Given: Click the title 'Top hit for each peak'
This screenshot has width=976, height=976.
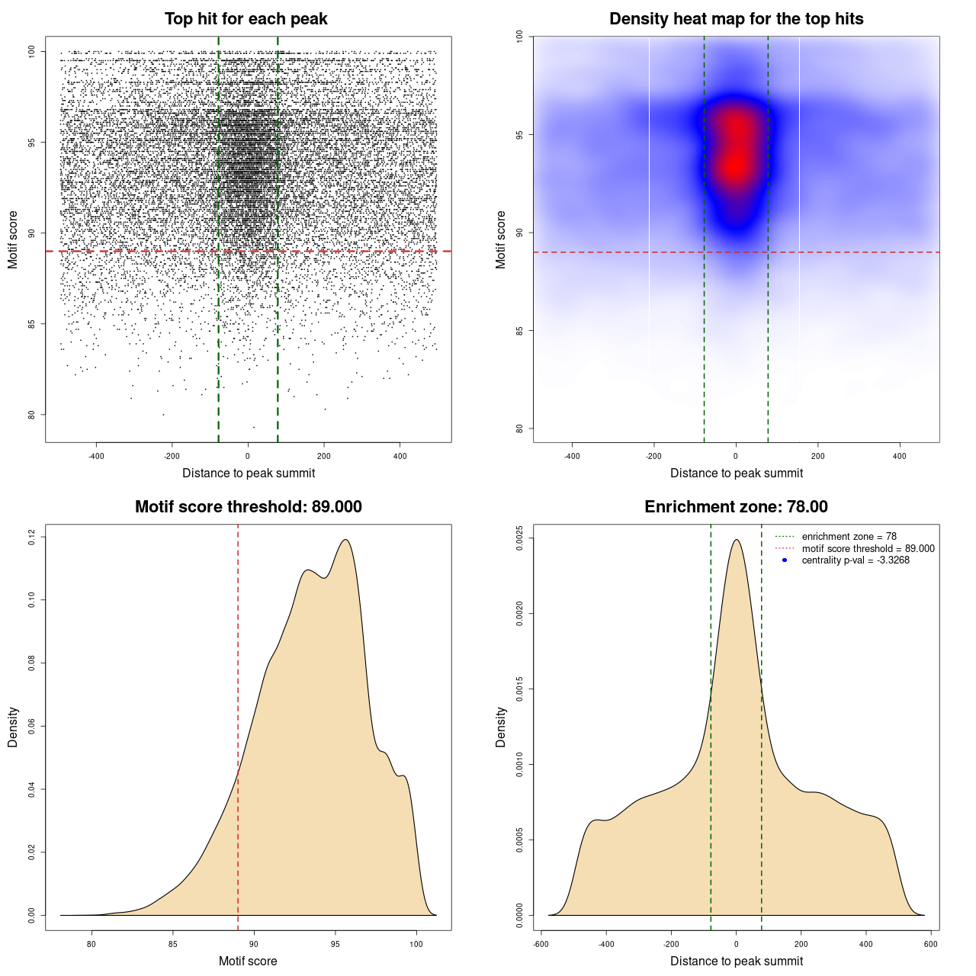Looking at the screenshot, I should [x=246, y=19].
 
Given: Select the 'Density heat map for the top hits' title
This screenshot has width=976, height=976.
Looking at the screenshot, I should [x=736, y=19].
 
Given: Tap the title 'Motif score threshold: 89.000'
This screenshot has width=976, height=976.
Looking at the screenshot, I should [x=248, y=507].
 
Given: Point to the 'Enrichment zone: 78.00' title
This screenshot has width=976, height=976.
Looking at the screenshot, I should [x=736, y=507].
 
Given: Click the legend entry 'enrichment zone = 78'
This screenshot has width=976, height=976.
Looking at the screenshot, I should [x=849, y=537].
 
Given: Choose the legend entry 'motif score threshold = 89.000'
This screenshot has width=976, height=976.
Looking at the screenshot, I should [x=868, y=548].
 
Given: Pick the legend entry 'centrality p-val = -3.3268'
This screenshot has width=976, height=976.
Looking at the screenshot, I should [x=856, y=560].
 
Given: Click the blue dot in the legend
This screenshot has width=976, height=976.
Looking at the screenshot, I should [x=785, y=560].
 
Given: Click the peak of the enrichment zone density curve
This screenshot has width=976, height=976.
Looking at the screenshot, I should [x=736, y=540].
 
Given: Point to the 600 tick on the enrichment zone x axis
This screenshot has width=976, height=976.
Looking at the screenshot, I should [x=931, y=944].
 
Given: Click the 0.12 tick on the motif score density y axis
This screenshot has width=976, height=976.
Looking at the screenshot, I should [x=32, y=538].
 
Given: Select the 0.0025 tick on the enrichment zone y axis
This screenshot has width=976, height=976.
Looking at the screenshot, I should [x=520, y=538].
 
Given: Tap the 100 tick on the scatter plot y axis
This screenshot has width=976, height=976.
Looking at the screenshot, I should [x=32, y=51].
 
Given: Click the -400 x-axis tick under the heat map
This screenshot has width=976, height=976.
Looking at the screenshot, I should [x=572, y=456].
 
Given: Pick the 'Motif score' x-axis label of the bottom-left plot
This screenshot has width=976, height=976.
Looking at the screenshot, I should [x=248, y=961].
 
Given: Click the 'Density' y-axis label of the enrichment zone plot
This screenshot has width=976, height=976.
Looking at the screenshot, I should [x=501, y=727].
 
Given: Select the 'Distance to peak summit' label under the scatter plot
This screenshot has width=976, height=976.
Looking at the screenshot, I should [x=249, y=473].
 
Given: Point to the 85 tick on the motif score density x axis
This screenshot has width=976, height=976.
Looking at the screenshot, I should [x=173, y=944].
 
